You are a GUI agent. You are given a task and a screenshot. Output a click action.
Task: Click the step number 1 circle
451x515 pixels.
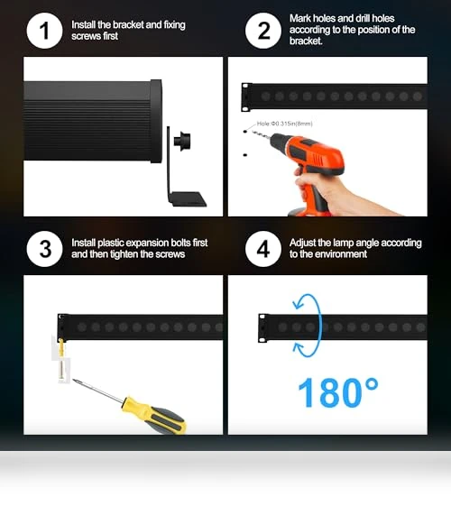pos(44,31)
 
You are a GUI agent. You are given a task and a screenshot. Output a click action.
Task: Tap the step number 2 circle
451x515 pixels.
pos(263,31)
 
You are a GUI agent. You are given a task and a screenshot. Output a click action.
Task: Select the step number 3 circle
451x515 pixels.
pos(44,249)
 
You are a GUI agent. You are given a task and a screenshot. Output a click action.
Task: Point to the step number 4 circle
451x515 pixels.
pos(263,249)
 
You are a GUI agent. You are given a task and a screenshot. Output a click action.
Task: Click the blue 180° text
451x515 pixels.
pos(338,393)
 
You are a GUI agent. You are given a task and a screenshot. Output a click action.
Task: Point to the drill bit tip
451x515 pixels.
pos(253,131)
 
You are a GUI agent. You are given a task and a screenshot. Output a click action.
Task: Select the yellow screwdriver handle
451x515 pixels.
pos(153,415)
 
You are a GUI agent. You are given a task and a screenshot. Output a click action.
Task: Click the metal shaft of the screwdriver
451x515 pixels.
pos(98,391)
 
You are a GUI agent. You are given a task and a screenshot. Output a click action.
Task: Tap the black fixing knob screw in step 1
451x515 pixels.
pos(182,142)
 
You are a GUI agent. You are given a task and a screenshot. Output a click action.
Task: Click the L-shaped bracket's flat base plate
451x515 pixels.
pos(188,199)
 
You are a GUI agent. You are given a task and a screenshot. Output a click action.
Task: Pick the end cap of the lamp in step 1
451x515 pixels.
pos(156,121)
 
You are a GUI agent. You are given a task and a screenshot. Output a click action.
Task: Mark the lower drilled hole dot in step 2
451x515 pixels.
pos(245,155)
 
